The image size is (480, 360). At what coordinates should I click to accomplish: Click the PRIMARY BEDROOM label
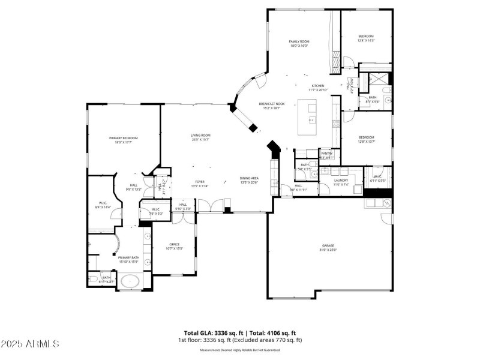click(x=123, y=139)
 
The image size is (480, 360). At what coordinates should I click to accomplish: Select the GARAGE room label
click(x=328, y=245)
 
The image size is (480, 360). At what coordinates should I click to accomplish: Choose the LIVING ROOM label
click(x=200, y=136)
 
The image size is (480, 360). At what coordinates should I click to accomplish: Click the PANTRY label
click(x=327, y=154)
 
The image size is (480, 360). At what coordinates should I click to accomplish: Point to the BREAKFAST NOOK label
click(x=272, y=104)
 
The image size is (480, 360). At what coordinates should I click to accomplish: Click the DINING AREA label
click(x=249, y=178)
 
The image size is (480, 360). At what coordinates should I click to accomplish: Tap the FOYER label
click(x=200, y=182)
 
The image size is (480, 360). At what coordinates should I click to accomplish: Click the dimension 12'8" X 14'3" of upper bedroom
click(x=366, y=41)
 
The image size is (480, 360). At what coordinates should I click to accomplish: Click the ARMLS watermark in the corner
click(x=30, y=344)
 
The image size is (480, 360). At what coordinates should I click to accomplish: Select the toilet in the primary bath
click(x=93, y=279)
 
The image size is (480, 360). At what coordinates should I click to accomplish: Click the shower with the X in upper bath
click(x=380, y=79)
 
